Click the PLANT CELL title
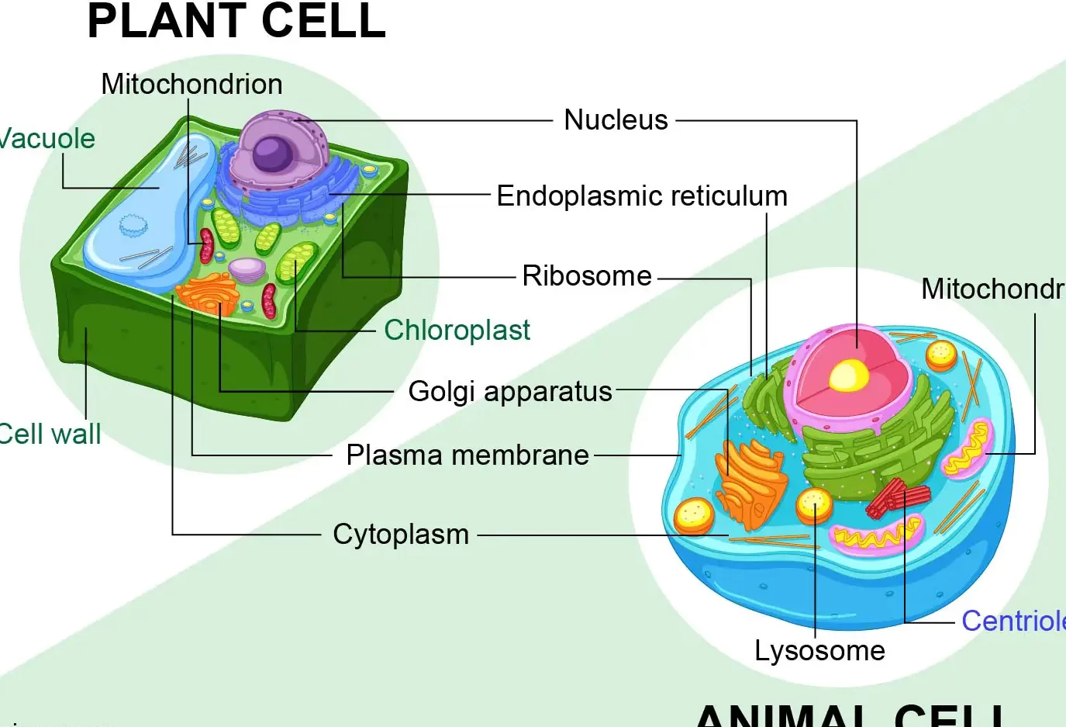click(x=236, y=21)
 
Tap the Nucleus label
click(x=616, y=120)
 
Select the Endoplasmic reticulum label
click(x=641, y=196)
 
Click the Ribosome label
click(x=587, y=276)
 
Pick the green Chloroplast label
click(x=457, y=331)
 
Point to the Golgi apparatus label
click(x=510, y=392)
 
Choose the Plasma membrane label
click(x=467, y=455)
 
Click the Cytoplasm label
click(x=401, y=535)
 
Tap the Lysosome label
click(x=819, y=651)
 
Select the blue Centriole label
click(x=1013, y=621)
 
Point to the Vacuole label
click(x=47, y=139)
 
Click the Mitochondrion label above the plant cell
click(x=191, y=85)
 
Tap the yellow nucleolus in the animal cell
click(x=848, y=376)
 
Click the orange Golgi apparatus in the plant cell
click(x=208, y=293)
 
